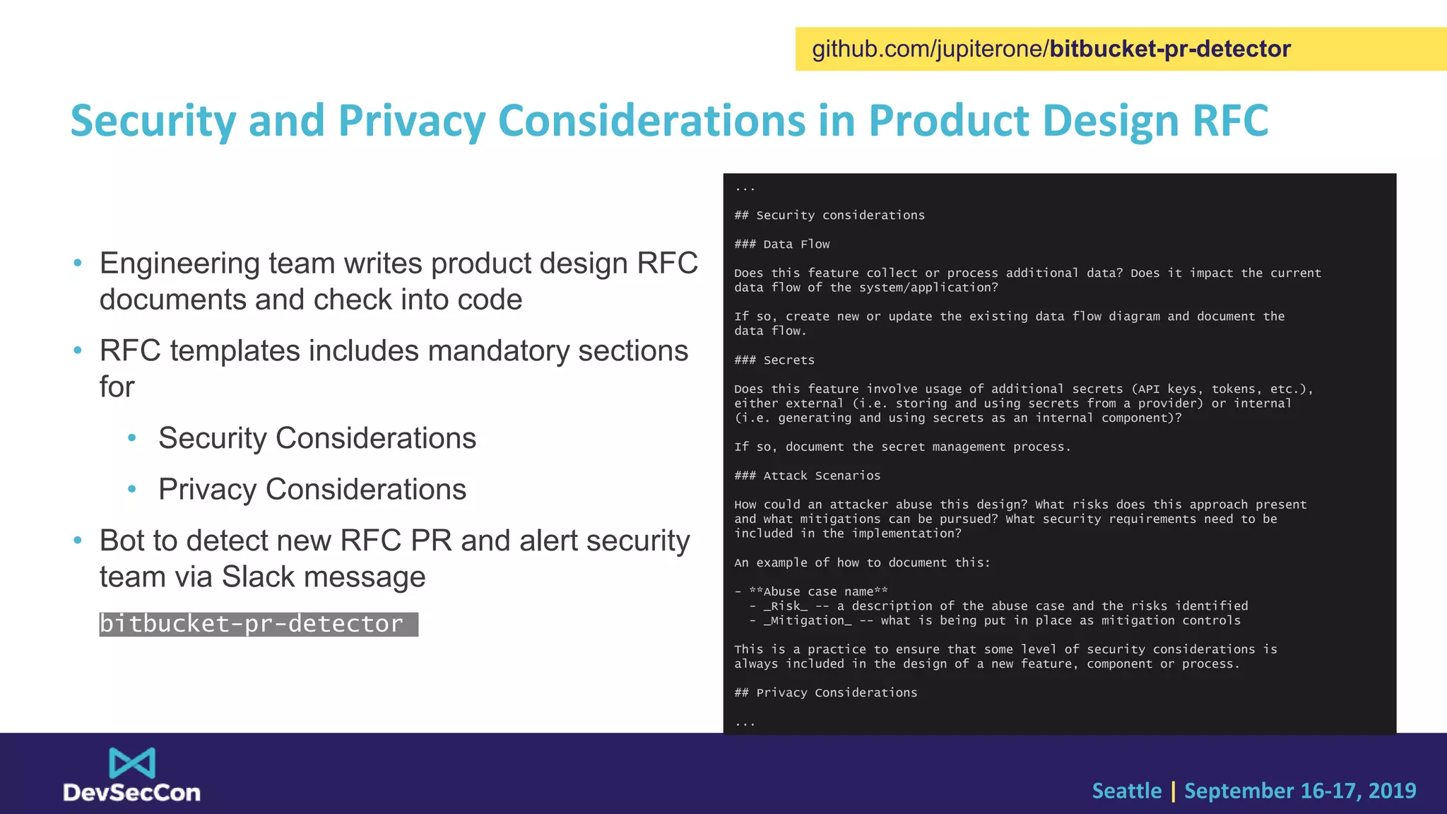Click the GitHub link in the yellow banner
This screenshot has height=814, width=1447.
click(1051, 49)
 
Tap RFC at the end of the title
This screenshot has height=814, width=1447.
click(1230, 121)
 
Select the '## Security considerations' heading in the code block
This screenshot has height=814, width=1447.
click(829, 216)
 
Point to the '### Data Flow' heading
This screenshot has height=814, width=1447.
click(782, 244)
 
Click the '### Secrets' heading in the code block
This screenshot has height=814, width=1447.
click(774, 360)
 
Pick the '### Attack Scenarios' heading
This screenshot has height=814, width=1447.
click(808, 476)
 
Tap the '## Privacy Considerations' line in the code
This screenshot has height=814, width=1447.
click(826, 693)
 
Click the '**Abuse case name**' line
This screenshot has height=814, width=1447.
click(818, 591)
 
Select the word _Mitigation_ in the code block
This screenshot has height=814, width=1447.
click(808, 620)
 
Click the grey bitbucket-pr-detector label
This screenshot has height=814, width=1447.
click(258, 624)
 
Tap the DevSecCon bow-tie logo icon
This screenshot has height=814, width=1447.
click(132, 763)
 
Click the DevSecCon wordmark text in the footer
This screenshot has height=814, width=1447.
click(132, 793)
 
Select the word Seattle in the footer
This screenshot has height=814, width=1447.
click(1126, 791)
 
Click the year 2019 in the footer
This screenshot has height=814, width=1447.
click(1392, 791)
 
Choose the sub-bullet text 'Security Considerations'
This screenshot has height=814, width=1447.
click(317, 438)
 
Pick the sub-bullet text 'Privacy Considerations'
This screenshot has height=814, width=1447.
click(312, 490)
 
